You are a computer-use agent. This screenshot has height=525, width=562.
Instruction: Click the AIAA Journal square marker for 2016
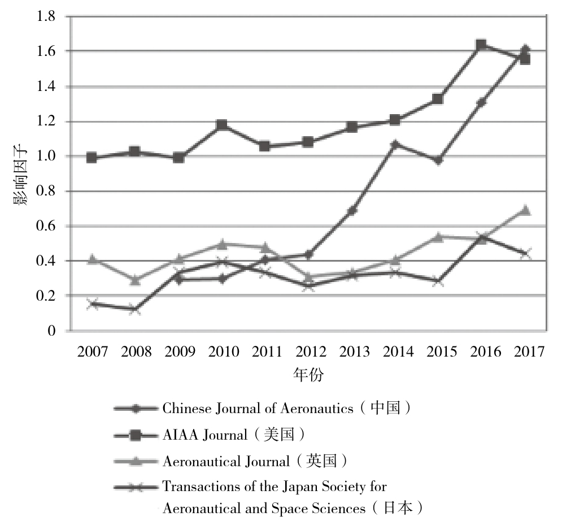[x=481, y=45]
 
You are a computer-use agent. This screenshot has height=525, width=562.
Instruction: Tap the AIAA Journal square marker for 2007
[x=92, y=158]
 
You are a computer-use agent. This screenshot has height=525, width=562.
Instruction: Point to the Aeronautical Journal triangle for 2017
[x=525, y=210]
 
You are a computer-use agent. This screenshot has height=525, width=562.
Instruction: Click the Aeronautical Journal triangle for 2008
[x=135, y=280]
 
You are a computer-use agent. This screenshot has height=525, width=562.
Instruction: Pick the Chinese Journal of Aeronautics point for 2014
[x=395, y=144]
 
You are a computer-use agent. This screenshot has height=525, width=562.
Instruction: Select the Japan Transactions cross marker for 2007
[x=92, y=304]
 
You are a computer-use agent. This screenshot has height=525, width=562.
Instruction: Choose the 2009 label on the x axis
[x=178, y=352]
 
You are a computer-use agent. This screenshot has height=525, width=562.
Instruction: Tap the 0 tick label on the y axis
[x=51, y=331]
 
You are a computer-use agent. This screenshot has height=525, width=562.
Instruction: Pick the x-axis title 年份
[x=308, y=375]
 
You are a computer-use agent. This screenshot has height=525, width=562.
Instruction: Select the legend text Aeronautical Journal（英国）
[x=254, y=462]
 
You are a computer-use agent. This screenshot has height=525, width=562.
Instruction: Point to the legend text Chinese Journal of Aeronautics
[x=258, y=409]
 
